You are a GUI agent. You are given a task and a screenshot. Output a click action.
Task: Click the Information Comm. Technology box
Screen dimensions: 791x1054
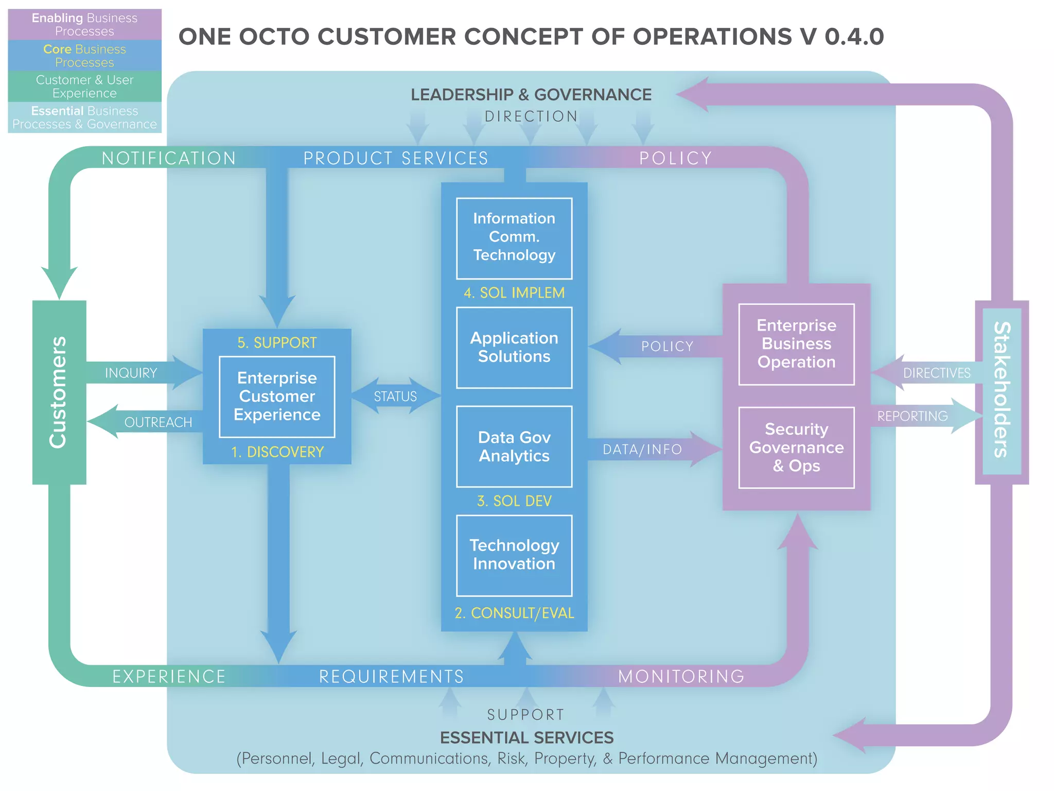[x=514, y=238]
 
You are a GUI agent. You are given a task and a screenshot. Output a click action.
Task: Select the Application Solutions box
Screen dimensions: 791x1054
[x=514, y=348]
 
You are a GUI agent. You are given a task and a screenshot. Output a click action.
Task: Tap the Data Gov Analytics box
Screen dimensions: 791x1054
[x=514, y=446]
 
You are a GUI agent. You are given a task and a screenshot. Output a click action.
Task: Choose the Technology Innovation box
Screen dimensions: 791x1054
[x=514, y=555]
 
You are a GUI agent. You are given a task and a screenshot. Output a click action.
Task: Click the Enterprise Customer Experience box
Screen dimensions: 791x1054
[x=277, y=397]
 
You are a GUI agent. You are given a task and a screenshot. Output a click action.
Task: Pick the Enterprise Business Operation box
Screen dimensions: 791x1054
[x=796, y=344]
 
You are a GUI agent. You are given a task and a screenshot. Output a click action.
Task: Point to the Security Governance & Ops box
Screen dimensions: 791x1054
[x=796, y=448]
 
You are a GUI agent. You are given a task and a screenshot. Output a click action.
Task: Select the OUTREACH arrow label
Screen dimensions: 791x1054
[x=157, y=422]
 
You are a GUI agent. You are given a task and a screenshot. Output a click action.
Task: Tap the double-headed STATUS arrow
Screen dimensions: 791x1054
[x=395, y=396]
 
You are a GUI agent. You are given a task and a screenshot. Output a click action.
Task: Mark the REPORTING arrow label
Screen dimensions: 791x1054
[x=912, y=416]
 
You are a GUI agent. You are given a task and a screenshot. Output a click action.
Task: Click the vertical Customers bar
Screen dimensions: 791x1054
[x=59, y=392]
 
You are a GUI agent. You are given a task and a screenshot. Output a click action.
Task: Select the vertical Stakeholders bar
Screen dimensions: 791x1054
[x=1002, y=391]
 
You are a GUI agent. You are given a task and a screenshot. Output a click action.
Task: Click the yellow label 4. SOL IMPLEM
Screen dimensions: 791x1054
[x=514, y=293]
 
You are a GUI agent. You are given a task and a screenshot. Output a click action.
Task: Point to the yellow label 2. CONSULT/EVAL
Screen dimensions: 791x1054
[x=514, y=613]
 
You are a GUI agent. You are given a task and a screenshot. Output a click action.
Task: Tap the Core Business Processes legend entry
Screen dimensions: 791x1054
[x=84, y=56]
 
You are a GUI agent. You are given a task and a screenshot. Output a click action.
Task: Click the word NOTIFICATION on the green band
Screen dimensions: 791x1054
[x=169, y=158]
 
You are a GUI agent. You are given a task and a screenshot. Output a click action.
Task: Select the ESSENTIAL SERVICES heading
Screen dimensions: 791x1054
[x=526, y=737]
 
